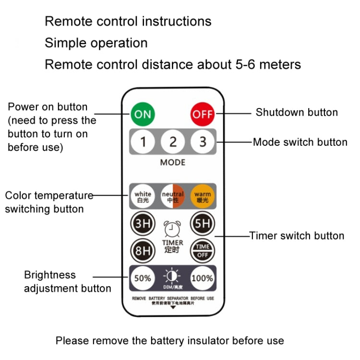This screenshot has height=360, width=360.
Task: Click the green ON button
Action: (143, 114)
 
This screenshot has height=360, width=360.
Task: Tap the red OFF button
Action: (202, 114)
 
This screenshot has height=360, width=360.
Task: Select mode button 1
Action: (143, 142)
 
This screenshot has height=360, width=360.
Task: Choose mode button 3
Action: (202, 142)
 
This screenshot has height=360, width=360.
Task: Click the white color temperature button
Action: (143, 196)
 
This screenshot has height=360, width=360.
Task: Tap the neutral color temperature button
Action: (172, 196)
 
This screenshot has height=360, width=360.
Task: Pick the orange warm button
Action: (202, 196)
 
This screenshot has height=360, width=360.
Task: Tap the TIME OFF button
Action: (202, 251)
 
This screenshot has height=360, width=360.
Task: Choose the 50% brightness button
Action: (143, 278)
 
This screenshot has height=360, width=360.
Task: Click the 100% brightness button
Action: (202, 278)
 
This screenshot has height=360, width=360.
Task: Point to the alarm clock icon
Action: (172, 229)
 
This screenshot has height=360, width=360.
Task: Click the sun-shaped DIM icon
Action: (172, 276)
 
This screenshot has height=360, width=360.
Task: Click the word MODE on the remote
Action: (172, 162)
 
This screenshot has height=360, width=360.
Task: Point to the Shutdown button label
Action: (297, 113)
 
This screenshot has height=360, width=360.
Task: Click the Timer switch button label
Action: (297, 236)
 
